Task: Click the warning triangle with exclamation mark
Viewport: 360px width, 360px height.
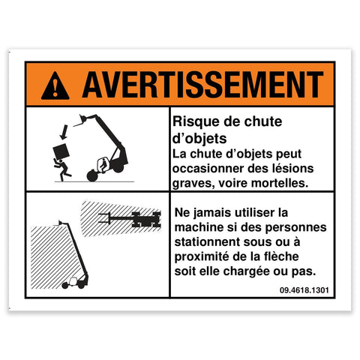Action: click(x=55, y=86)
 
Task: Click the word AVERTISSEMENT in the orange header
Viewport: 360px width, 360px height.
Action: click(x=202, y=85)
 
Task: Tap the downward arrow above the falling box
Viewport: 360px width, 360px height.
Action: click(x=64, y=132)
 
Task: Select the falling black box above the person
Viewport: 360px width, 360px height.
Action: click(x=61, y=151)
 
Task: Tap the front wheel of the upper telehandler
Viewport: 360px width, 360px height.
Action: click(x=92, y=175)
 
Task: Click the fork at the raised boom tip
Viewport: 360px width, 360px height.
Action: click(x=80, y=121)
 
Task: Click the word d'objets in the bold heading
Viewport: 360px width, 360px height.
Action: click(x=199, y=138)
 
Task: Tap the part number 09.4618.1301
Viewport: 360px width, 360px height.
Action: click(x=304, y=290)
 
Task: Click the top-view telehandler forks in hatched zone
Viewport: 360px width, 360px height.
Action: click(x=104, y=217)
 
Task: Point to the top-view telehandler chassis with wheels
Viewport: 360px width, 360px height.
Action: click(x=146, y=220)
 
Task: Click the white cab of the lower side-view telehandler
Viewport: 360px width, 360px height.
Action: click(x=73, y=281)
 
